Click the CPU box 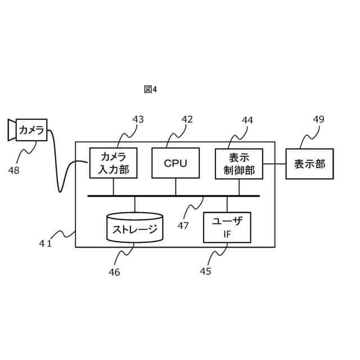pos(175,163)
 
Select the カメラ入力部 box pos(113,163)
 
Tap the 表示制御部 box pos(239,163)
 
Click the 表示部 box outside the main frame pos(309,164)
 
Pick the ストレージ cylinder pos(135,228)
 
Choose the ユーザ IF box pos(227,227)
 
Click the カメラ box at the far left pos(31,130)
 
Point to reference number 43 pos(138,119)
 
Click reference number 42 pos(187,119)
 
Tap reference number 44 pos(247,120)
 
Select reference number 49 pos(318,119)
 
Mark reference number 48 pos(14,170)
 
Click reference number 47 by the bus pos(183,226)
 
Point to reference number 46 pos(114,272)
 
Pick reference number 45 pos(205,272)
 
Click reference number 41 pos(46,243)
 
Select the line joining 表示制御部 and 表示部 pos(274,164)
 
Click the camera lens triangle pos(11,130)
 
